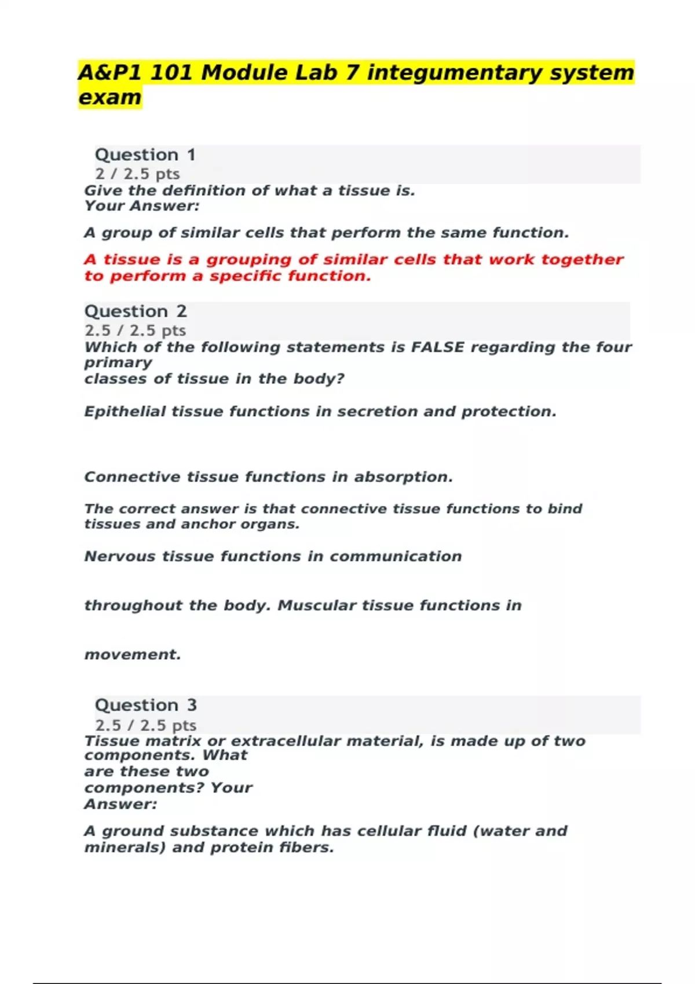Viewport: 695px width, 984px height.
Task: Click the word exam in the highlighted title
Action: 109,97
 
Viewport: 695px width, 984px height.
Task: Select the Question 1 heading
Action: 145,155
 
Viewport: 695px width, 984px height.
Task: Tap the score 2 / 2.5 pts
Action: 137,174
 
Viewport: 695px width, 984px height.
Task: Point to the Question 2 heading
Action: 136,311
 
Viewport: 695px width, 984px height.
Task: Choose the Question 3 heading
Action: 146,705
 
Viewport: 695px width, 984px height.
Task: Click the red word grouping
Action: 249,259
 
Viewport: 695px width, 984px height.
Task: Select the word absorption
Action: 403,477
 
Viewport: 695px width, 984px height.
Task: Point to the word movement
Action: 133,655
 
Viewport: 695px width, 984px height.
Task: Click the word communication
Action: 396,556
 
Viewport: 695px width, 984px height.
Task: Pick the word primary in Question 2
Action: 118,363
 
